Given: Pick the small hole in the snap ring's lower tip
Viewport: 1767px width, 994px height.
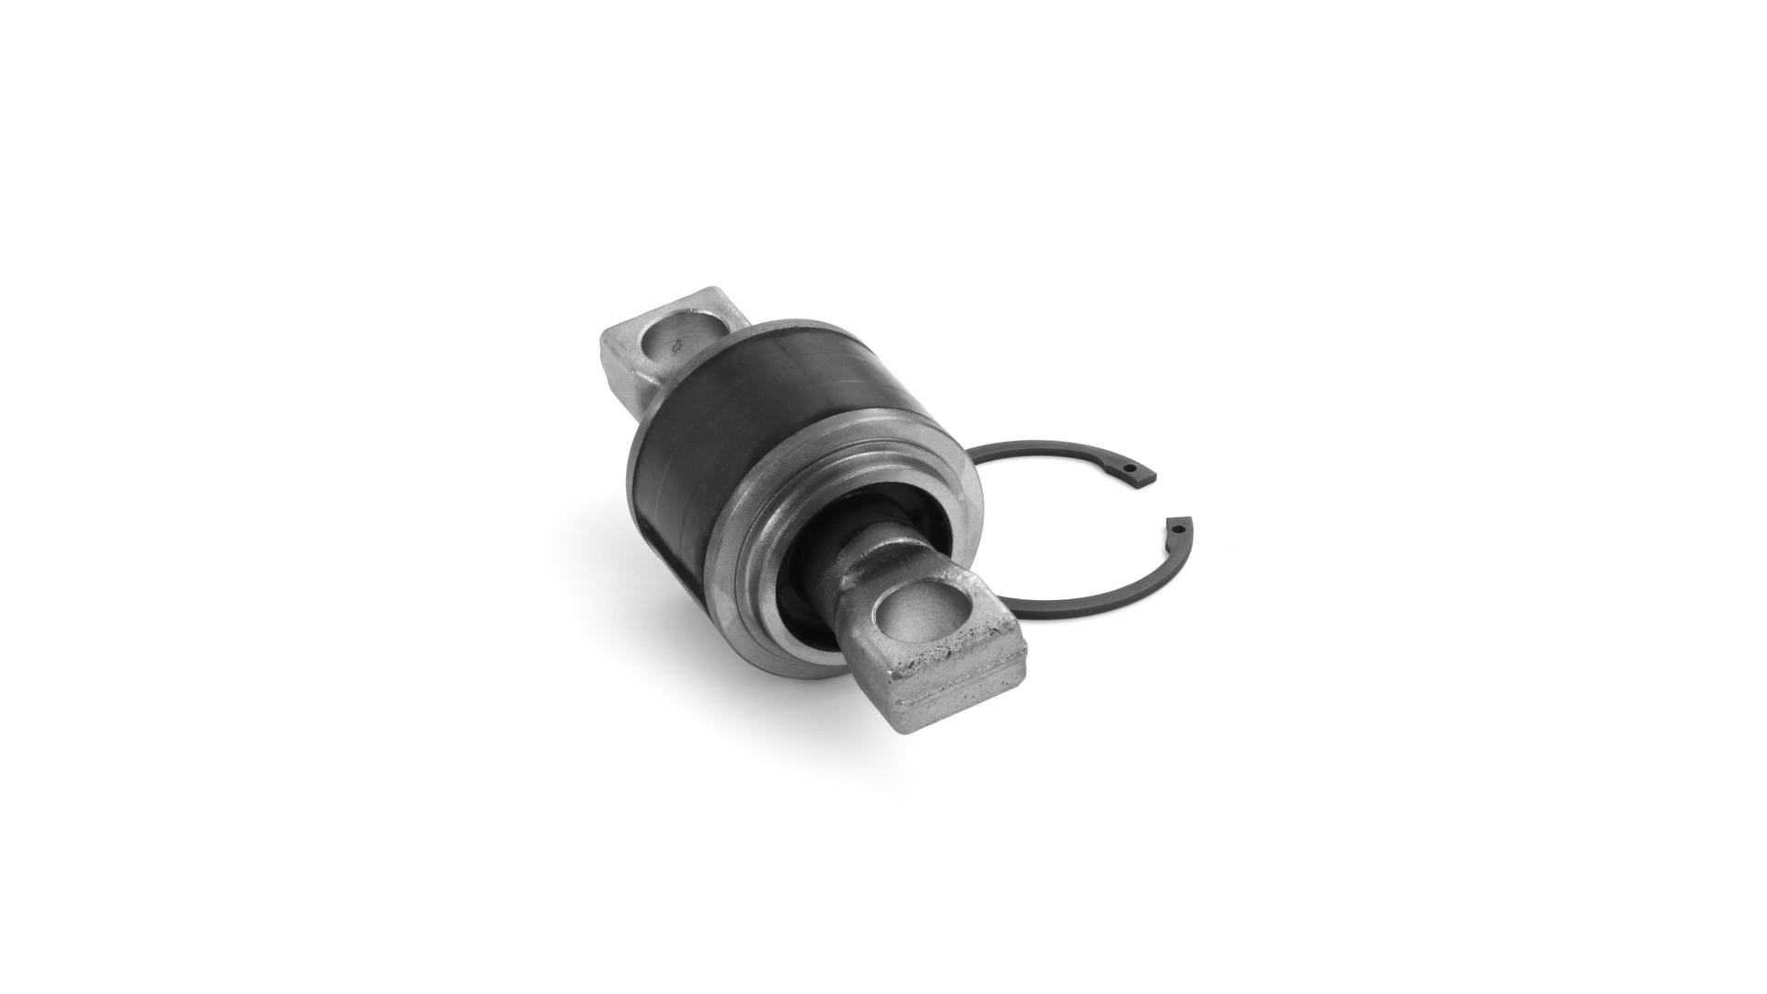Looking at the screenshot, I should tap(1178, 530).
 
